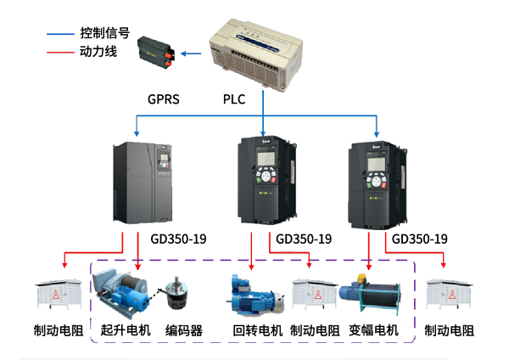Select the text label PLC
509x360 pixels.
tap(234, 99)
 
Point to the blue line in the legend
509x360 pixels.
tap(60, 35)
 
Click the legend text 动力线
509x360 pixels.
tap(97, 52)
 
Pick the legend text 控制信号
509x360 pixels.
tap(104, 34)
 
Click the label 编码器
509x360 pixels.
tap(184, 330)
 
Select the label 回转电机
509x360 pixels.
tap(257, 330)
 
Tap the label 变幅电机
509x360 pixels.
tap(373, 330)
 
